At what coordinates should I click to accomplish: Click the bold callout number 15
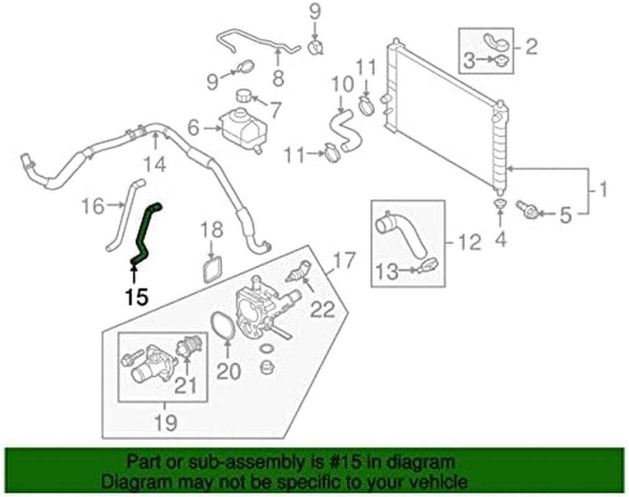[136, 297]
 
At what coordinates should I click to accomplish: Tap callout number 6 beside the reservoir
[194, 129]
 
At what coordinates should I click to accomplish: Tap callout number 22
[323, 308]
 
